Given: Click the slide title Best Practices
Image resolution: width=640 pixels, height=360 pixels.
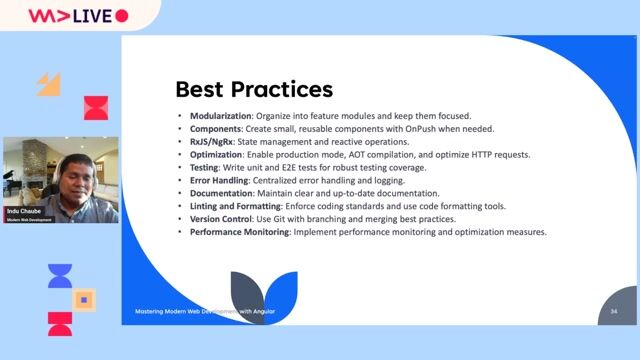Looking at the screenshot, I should coord(254,88).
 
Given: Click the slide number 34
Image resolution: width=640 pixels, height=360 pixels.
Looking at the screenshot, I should coord(614,312).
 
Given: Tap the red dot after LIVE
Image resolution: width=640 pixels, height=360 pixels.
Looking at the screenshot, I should coord(121,16).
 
